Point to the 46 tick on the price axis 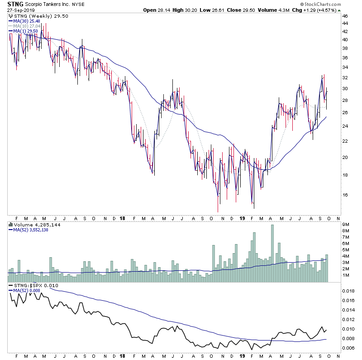click(345, 16)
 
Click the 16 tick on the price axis click(345, 195)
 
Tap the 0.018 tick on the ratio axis click(348, 291)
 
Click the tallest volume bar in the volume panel click(272, 253)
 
